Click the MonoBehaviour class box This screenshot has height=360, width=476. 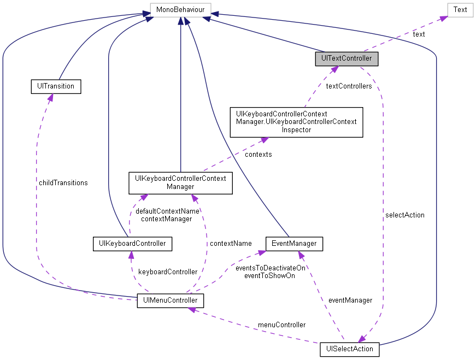click(x=180, y=9)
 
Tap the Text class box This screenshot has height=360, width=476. click(x=460, y=9)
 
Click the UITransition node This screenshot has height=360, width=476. click(x=55, y=86)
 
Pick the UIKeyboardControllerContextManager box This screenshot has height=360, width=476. click(x=180, y=183)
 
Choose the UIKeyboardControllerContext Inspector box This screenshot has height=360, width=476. click(x=296, y=122)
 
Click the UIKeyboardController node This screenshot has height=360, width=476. click(x=132, y=243)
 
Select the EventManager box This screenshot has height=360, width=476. click(x=294, y=243)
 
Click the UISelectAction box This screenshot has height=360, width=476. click(x=349, y=349)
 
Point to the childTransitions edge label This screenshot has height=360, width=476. click(x=63, y=182)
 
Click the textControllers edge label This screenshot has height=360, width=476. click(x=348, y=86)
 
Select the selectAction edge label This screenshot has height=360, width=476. click(x=404, y=215)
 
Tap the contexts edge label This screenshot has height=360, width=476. click(x=258, y=155)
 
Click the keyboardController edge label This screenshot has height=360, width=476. click(x=167, y=272)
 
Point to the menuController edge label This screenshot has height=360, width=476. click(x=281, y=324)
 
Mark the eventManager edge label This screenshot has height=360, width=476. click(x=350, y=300)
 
